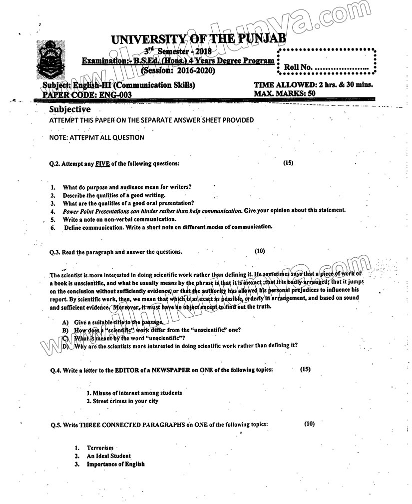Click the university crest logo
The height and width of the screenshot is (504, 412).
pyautogui.click(x=51, y=62)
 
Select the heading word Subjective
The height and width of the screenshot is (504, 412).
pyautogui.click(x=70, y=109)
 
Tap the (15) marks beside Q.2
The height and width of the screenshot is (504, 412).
pyautogui.click(x=288, y=163)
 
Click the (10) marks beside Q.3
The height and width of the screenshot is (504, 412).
pyautogui.click(x=260, y=251)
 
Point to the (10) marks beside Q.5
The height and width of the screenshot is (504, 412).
pyautogui.click(x=310, y=424)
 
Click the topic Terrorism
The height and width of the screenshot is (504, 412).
pyautogui.click(x=100, y=448)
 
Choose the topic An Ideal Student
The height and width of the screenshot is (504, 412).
pyautogui.click(x=108, y=456)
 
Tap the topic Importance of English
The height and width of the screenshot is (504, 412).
pyautogui.click(x=115, y=464)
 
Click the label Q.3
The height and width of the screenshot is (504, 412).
pyautogui.click(x=55, y=252)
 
